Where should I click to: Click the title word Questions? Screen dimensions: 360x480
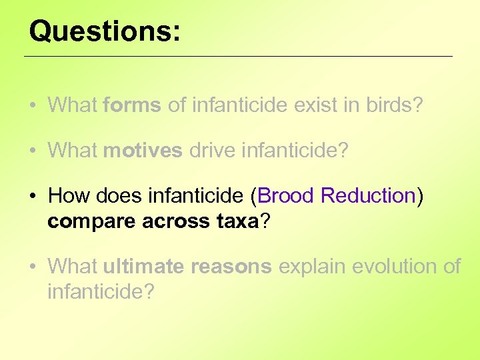tap(105, 31)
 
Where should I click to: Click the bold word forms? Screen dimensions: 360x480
tap(132, 105)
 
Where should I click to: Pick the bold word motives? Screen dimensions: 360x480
tap(143, 151)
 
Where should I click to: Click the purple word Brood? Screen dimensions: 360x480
tap(286, 196)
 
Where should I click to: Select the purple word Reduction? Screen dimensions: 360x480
tap(368, 196)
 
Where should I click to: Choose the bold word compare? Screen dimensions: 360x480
tap(91, 221)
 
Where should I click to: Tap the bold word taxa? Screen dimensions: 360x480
tap(237, 221)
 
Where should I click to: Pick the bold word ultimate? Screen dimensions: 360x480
tap(143, 267)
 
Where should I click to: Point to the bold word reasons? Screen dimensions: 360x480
tap(231, 267)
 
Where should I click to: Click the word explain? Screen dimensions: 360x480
tap(312, 267)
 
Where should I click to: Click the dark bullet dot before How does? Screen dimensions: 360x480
tap(33, 197)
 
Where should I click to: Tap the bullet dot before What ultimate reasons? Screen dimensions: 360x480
tap(33, 267)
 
